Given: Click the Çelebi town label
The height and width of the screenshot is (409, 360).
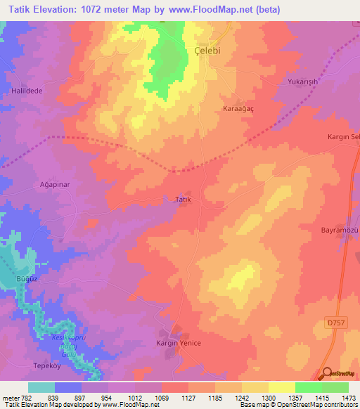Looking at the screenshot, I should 208,51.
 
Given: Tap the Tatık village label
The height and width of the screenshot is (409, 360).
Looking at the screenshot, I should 183,200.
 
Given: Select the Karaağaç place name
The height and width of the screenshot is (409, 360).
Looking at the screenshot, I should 238,110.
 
